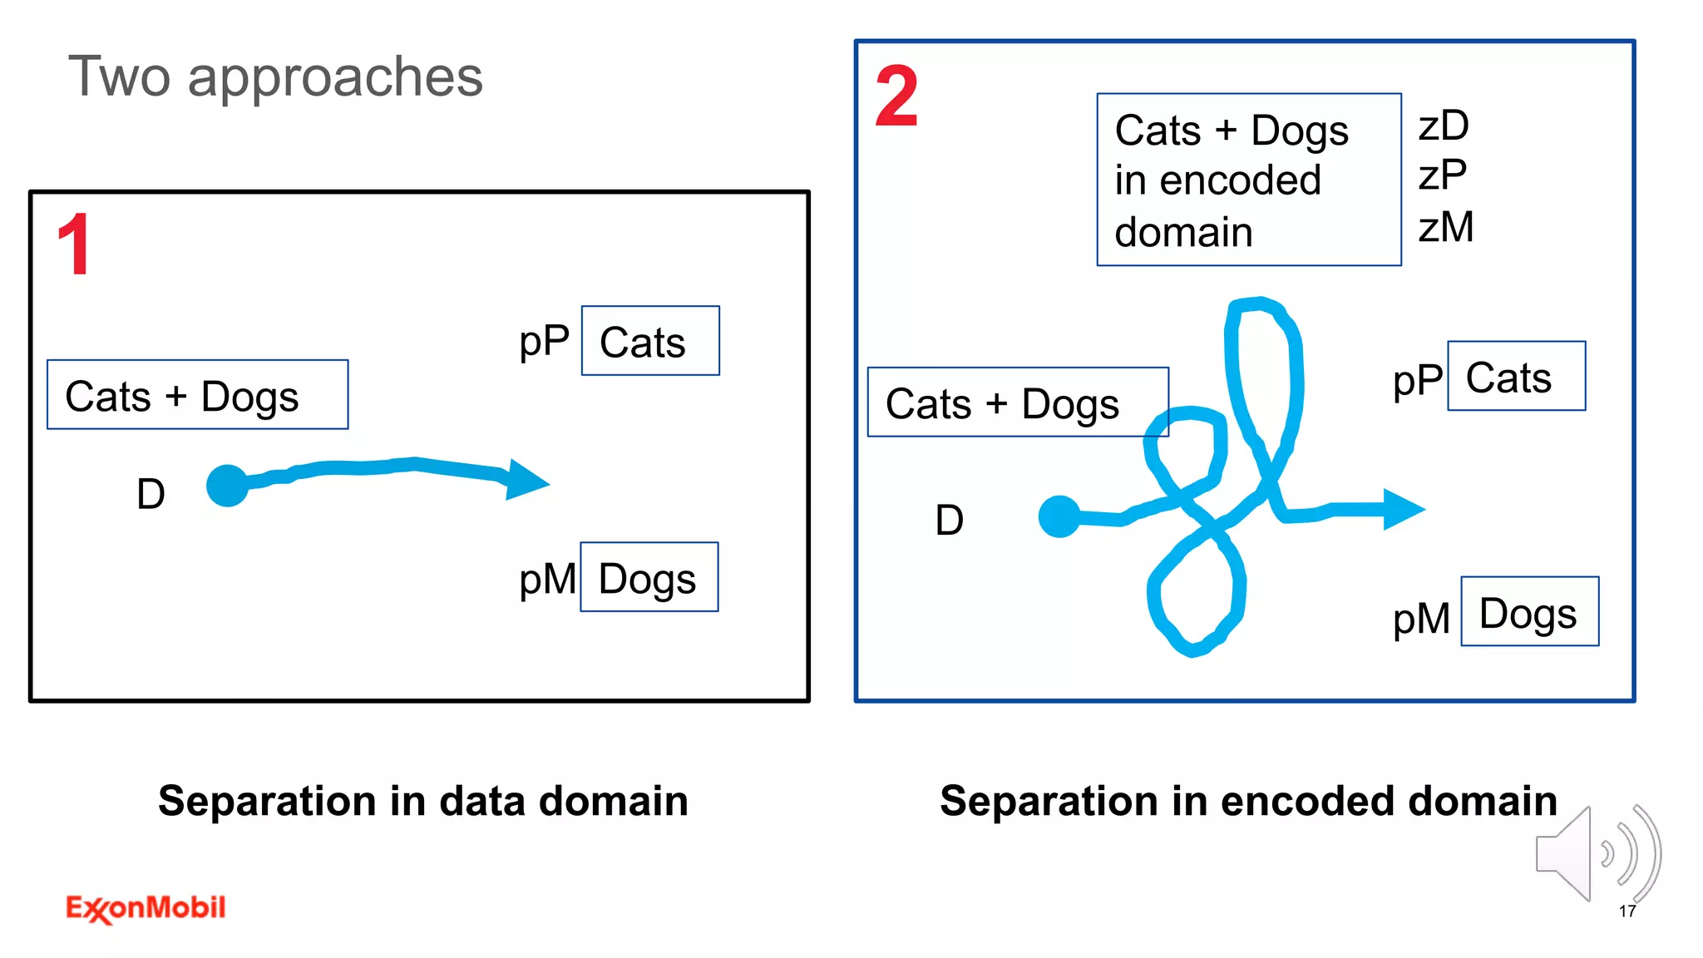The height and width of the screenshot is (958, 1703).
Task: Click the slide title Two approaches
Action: (275, 77)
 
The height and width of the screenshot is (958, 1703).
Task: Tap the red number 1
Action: (75, 244)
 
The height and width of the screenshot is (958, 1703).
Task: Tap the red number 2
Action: (896, 97)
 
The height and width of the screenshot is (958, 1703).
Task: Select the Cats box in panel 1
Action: (650, 341)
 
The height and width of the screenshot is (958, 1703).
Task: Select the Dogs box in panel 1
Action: (649, 577)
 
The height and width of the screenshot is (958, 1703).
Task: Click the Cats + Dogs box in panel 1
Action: (198, 395)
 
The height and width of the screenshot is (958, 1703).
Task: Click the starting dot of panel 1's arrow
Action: (228, 485)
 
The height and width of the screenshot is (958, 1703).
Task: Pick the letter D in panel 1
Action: (151, 494)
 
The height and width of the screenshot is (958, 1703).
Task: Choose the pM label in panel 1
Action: (546, 579)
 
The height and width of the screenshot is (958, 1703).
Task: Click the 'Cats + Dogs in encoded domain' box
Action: (1249, 180)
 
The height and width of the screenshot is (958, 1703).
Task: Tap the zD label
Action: (1444, 126)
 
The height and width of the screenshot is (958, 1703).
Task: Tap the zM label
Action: (1446, 227)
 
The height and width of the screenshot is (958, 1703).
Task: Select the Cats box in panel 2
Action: (1516, 376)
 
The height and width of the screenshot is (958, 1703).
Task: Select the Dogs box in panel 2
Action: (1529, 611)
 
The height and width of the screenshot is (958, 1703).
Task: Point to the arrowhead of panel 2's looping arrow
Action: (1403, 509)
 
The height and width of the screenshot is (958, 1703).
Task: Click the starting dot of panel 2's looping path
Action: (1059, 516)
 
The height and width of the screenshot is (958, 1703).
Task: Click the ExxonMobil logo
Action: (146, 908)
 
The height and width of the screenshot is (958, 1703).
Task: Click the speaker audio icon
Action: (1597, 854)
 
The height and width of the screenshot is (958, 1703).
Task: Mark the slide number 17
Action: (1627, 911)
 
